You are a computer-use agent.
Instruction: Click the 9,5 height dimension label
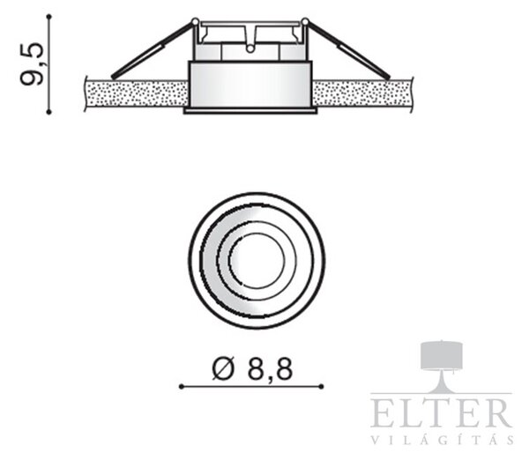pos(32,64)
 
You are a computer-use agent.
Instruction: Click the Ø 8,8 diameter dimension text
pos(252,368)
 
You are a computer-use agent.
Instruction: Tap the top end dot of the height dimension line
pos(49,16)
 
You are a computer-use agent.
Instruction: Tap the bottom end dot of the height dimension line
pos(49,112)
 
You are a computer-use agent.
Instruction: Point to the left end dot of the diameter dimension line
pos(182,387)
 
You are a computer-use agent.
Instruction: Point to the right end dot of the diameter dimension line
pos(322,387)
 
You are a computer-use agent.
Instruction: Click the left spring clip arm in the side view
pos(153,50)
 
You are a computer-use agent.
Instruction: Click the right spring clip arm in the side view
pos(348,50)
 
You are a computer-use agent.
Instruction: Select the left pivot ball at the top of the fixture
pos(195,21)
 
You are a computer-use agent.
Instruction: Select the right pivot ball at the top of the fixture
pos(305,21)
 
